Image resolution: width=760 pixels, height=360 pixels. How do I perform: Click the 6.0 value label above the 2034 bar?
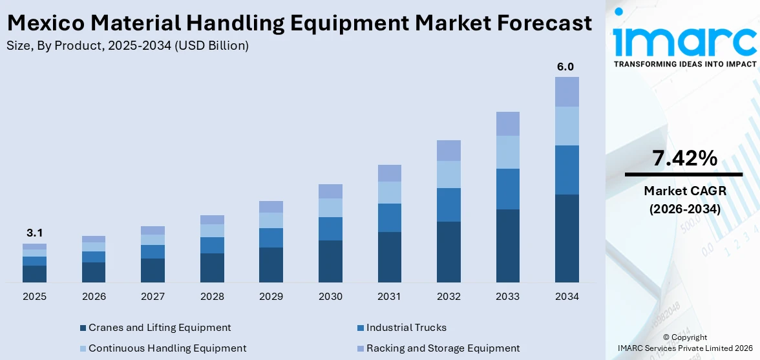pos(566,67)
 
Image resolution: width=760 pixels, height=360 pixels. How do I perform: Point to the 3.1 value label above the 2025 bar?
pos(34,233)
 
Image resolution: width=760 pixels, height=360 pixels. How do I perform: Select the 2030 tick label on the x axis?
pos(330,297)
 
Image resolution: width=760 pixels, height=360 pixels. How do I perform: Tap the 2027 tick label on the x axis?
pos(153,297)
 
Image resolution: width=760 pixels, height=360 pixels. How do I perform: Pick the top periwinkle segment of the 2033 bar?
pos(507,123)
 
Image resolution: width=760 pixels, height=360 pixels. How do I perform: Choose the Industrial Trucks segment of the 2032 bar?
pos(449,205)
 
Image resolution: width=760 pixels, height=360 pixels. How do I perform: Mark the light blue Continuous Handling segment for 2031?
pos(389,193)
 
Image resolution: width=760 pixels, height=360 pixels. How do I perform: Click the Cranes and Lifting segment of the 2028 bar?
pos(212,268)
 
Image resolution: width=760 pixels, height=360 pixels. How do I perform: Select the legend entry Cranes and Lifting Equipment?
pos(160,328)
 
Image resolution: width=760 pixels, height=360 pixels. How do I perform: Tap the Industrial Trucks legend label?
pos(406,328)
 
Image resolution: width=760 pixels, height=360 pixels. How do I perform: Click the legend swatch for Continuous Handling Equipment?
pos(82,348)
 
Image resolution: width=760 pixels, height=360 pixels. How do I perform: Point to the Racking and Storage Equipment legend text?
pos(443,348)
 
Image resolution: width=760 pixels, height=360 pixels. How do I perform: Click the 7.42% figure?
pos(684,158)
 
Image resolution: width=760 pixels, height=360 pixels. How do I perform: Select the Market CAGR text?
pos(684,191)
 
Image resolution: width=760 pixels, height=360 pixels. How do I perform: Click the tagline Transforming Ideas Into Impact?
pos(684,64)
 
